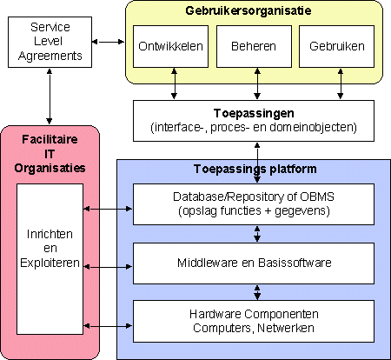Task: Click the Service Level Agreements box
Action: click(50, 42)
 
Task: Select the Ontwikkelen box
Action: click(170, 46)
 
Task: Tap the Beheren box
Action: click(254, 46)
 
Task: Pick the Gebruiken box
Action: click(336, 46)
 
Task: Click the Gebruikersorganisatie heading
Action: click(249, 10)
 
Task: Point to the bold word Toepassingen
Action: click(254, 113)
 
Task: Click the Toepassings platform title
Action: click(255, 169)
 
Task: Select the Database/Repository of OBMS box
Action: click(254, 204)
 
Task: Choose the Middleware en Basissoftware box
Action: click(254, 263)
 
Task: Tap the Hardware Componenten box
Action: click(254, 321)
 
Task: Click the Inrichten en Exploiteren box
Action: click(50, 259)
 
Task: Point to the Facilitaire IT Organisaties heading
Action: click(50, 154)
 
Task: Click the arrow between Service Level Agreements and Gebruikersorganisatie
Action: click(109, 42)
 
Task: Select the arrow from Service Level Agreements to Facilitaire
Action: click(50, 97)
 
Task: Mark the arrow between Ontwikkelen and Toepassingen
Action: click(174, 83)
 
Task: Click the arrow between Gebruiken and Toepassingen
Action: click(341, 83)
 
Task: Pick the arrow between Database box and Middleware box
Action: click(257, 234)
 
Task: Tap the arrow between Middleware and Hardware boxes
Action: click(257, 292)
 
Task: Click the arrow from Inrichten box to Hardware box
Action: click(108, 326)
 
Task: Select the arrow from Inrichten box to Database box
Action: click(108, 209)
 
